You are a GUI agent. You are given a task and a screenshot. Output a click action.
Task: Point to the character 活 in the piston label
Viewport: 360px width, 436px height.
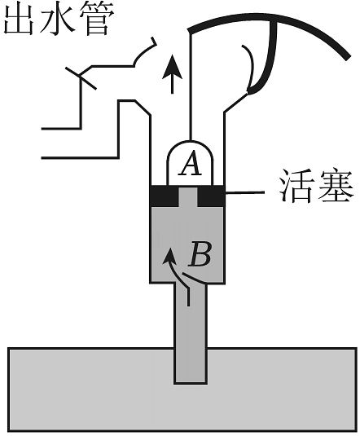(x=296, y=185)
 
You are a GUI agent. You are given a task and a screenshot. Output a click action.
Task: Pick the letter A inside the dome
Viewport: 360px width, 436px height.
(x=190, y=165)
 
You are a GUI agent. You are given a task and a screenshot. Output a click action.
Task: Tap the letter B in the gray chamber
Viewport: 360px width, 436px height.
(x=200, y=254)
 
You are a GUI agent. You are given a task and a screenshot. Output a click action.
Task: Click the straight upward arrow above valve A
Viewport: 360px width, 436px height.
(x=173, y=74)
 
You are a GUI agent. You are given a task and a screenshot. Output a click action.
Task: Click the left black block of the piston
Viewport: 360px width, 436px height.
(x=164, y=196)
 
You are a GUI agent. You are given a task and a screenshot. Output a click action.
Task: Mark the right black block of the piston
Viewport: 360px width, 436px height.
(x=211, y=196)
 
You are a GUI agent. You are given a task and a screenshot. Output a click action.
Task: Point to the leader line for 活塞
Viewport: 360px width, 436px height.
(x=244, y=192)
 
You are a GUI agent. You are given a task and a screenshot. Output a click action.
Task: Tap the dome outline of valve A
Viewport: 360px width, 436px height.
(x=190, y=141)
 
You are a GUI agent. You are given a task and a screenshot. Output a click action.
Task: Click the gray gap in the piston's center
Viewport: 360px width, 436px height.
(x=188, y=197)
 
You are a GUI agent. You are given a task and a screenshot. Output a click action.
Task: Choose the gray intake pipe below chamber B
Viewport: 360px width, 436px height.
(x=191, y=333)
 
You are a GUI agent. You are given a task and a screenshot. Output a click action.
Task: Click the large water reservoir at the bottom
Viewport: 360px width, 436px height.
(x=83, y=390)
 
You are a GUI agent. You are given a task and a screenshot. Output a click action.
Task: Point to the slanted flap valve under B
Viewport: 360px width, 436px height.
(x=195, y=279)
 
